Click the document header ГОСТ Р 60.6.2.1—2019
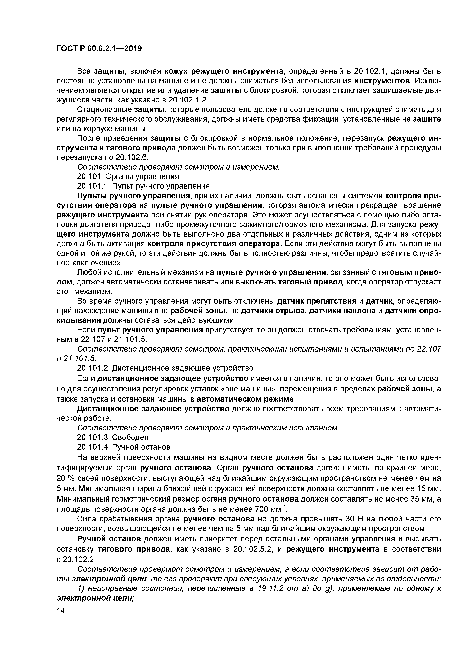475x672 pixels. pos(99,49)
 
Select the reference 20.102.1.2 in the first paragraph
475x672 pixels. pos(188,100)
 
